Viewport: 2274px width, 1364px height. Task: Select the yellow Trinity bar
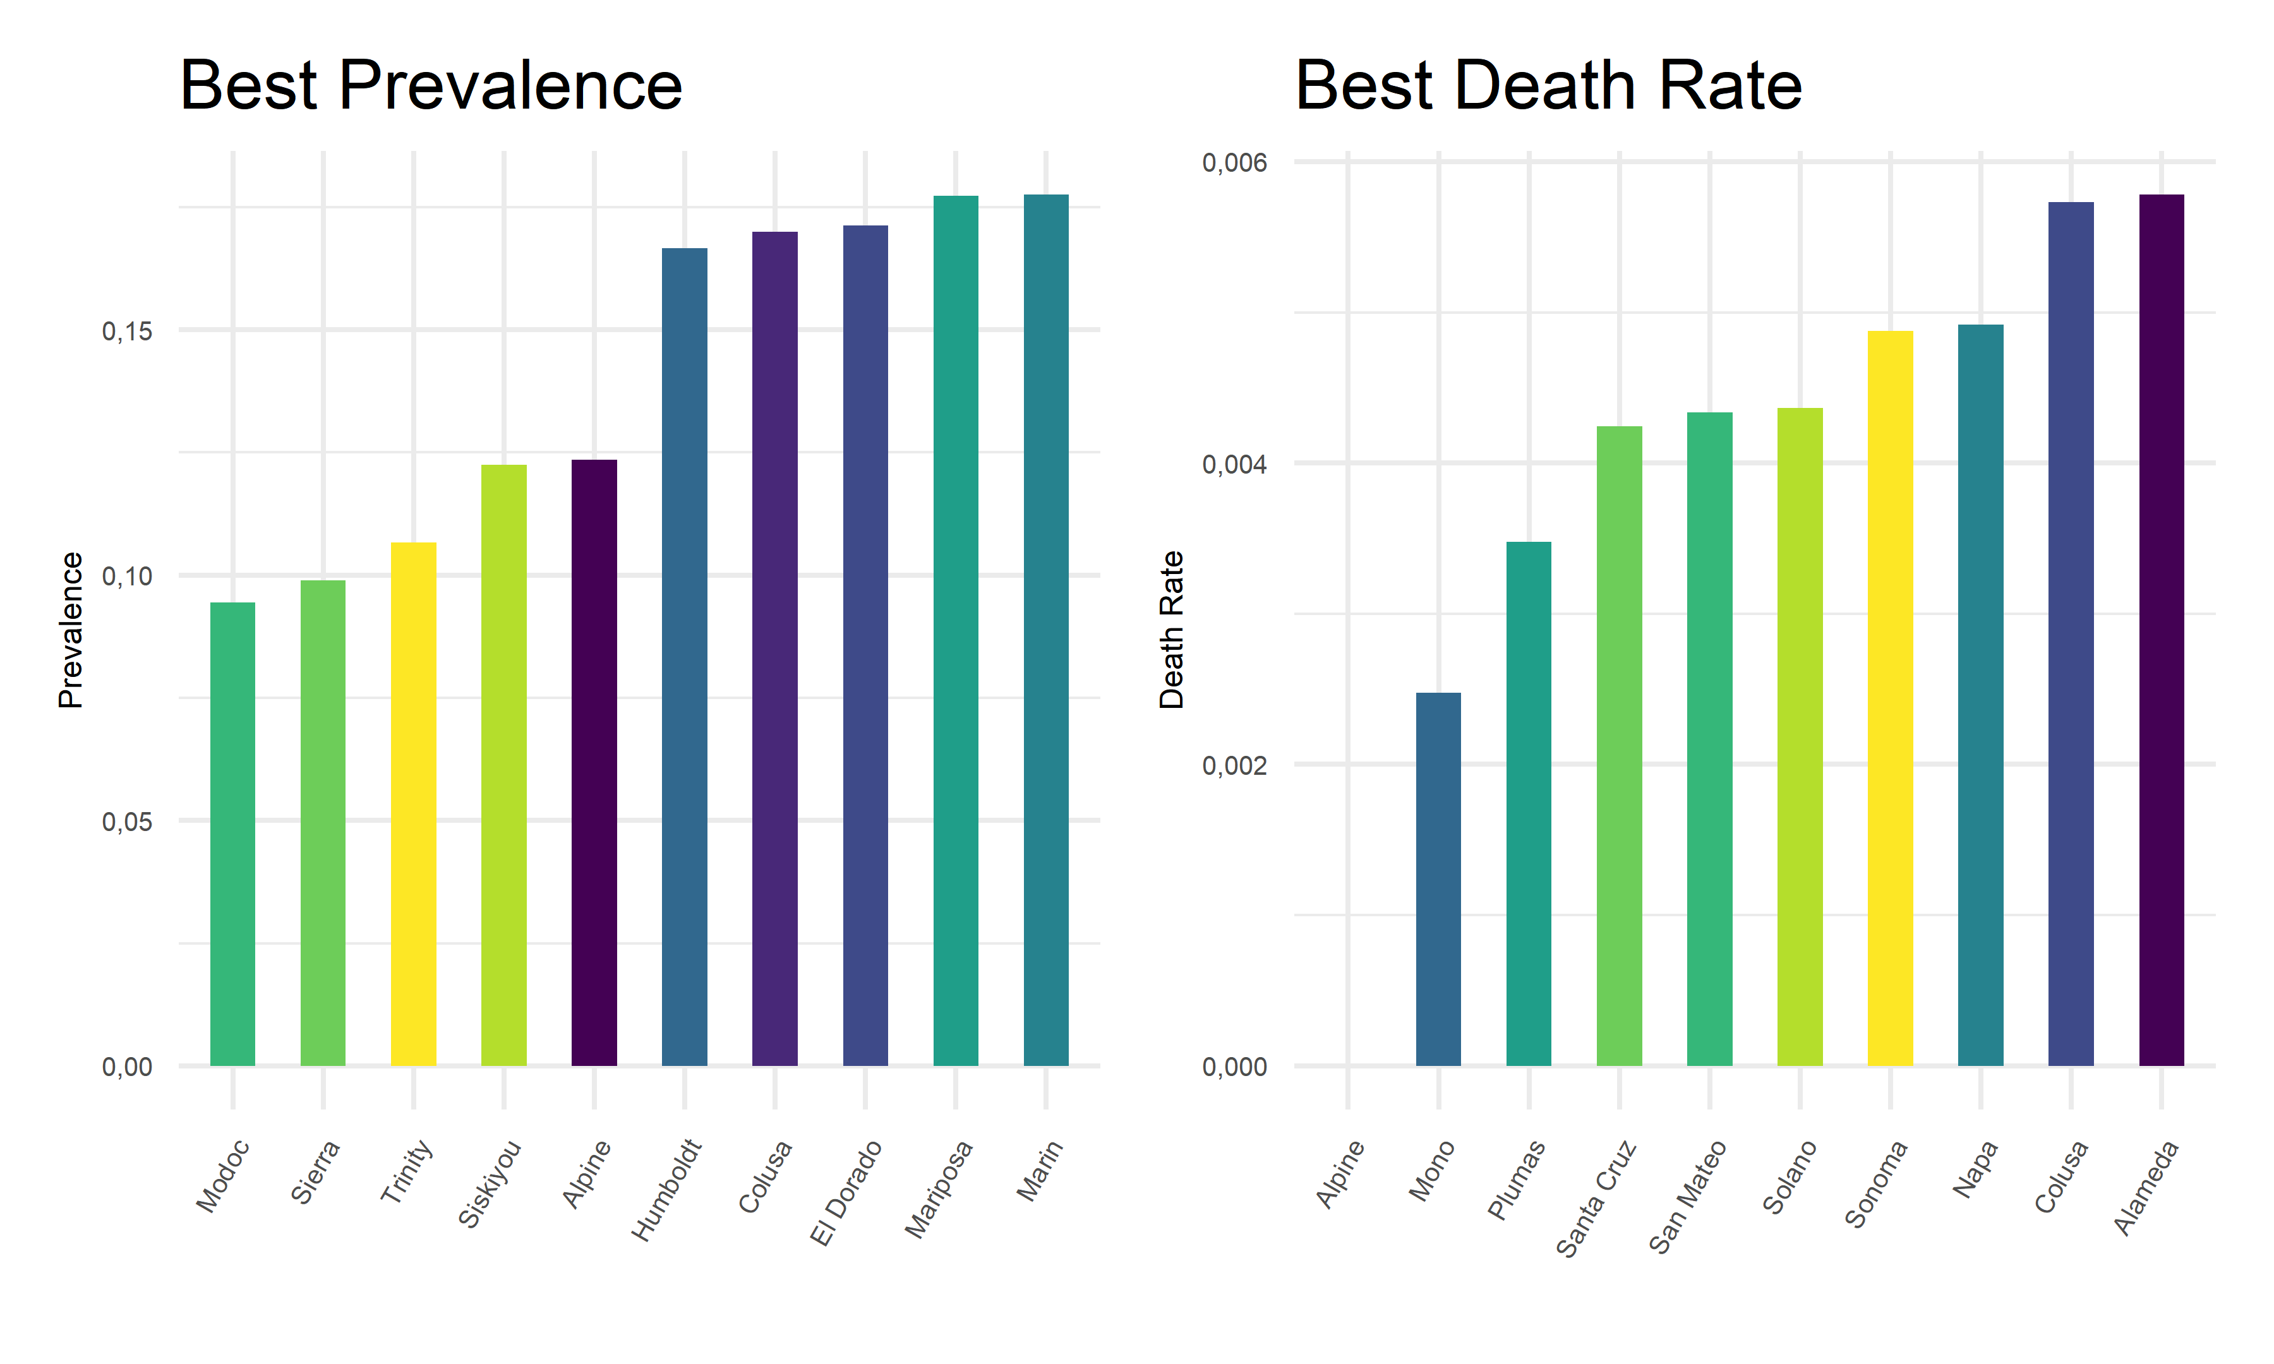414,805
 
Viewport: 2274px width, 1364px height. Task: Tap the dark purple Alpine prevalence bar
594,763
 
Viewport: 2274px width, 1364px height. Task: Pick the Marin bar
1046,630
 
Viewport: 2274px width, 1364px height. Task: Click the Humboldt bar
685,657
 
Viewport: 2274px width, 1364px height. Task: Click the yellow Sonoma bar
1890,698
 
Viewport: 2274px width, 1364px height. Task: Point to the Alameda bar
2161,630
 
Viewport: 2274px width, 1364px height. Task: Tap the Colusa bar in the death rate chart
2071,634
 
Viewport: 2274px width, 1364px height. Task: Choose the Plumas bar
1529,805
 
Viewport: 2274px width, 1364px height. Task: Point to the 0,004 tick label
1234,464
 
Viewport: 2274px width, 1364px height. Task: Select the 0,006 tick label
1234,164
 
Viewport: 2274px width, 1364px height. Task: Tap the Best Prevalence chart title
431,85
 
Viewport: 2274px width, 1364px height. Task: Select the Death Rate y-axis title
1171,630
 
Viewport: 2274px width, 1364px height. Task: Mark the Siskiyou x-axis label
491,1183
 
